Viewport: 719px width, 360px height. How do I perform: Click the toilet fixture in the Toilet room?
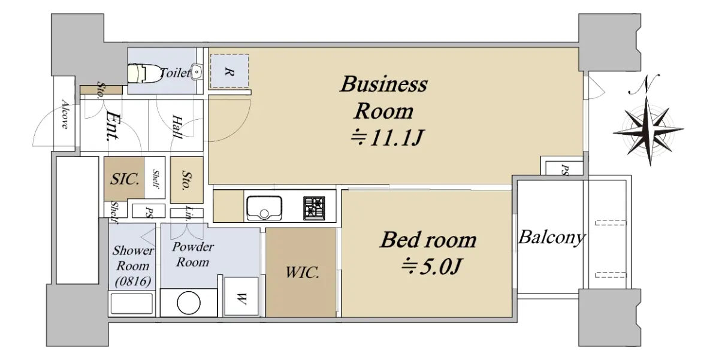[x=145, y=74]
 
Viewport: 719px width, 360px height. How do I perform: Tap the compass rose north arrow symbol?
[x=649, y=130]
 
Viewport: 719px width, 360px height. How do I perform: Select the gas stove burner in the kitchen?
[x=314, y=208]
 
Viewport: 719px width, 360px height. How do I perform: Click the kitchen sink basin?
[x=264, y=208]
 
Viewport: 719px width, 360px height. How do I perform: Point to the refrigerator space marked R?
[x=229, y=71]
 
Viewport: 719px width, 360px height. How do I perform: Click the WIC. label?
[x=302, y=273]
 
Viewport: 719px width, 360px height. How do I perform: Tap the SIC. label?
[x=125, y=179]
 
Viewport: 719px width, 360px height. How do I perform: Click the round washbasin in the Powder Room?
[x=189, y=302]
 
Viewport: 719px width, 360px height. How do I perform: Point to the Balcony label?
[x=552, y=238]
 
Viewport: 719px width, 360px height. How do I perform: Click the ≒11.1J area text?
[x=387, y=138]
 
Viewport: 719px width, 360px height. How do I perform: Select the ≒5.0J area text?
[x=431, y=267]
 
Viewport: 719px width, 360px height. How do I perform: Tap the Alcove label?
[x=65, y=114]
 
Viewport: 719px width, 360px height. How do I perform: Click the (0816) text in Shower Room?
[x=133, y=282]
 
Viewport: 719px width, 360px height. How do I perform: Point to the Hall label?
[x=177, y=127]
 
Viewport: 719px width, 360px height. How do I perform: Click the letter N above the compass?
[x=644, y=84]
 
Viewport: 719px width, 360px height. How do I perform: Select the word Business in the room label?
[x=384, y=84]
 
